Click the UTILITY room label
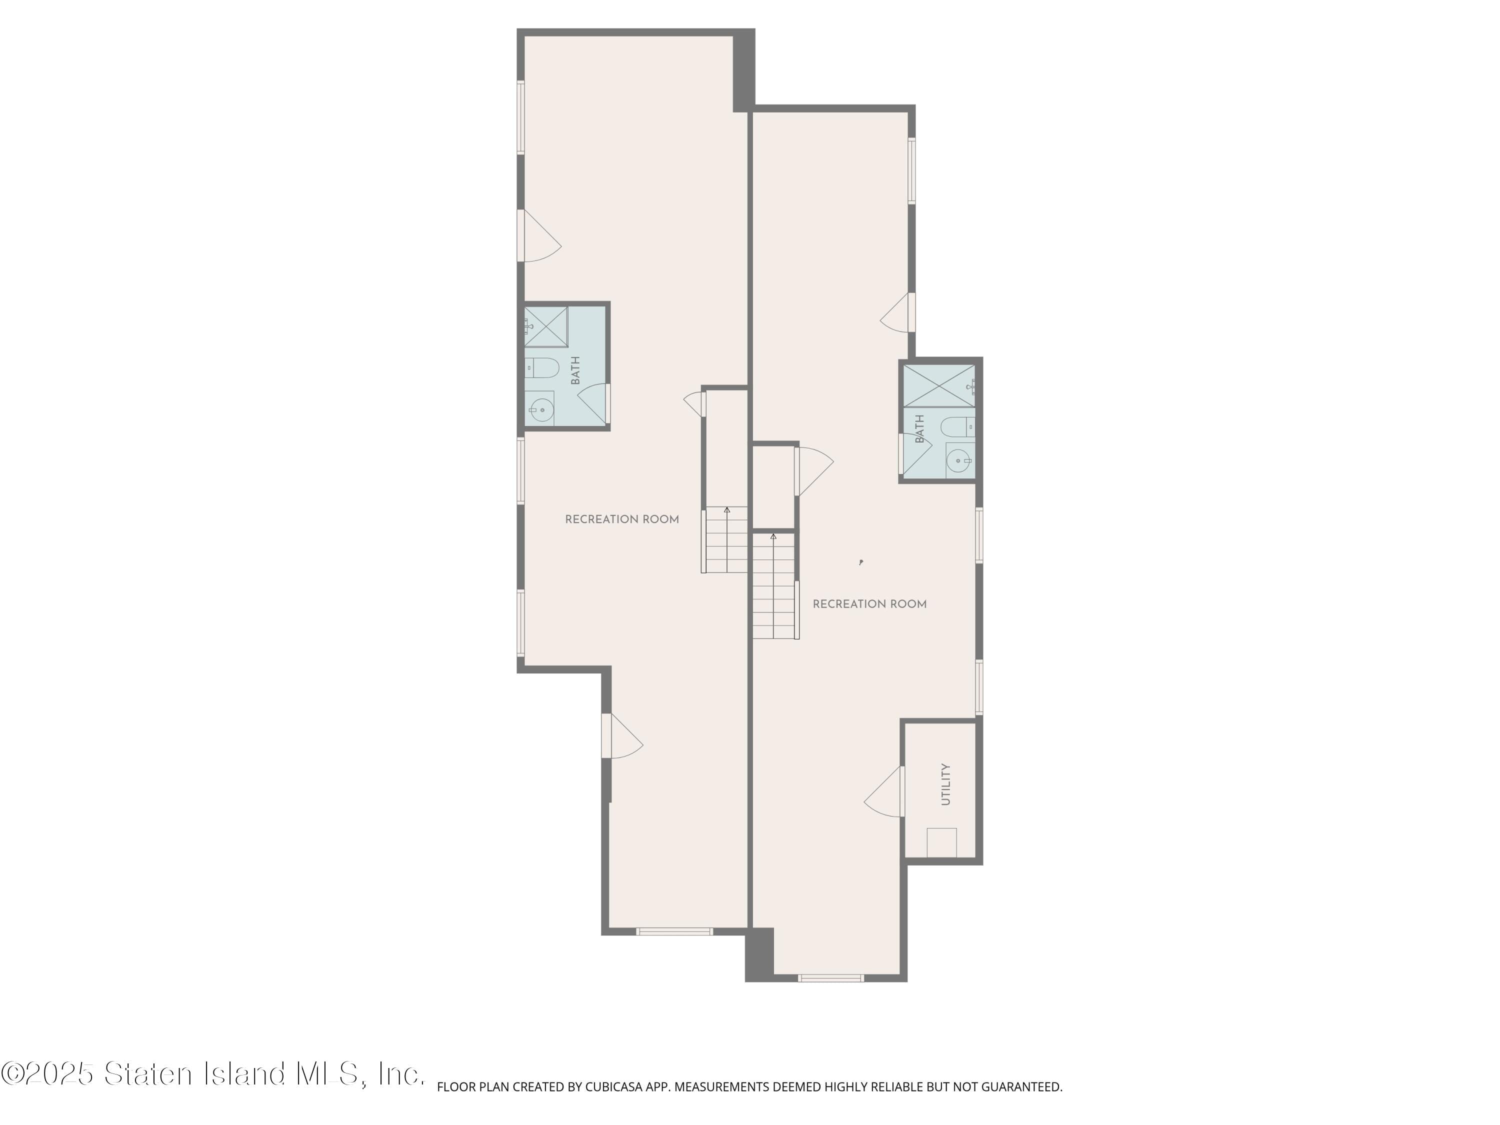tap(946, 784)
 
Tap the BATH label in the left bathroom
tap(575, 371)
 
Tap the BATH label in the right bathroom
tap(920, 429)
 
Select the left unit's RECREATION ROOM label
tap(622, 519)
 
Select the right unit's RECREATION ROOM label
tap(869, 604)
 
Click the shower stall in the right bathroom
tap(939, 386)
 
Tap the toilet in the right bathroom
tap(957, 427)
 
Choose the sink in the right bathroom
tap(959, 461)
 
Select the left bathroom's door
tap(593, 403)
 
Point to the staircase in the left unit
tap(725, 540)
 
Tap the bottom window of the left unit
tap(674, 931)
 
